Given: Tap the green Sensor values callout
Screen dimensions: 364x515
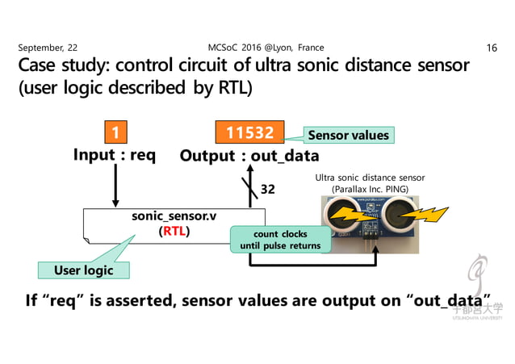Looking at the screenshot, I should point(348,135).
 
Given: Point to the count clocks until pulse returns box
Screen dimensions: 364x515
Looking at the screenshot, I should point(281,240).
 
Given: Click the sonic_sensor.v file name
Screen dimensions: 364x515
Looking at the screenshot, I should point(172,217).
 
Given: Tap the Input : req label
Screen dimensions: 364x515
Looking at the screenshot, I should point(115,154).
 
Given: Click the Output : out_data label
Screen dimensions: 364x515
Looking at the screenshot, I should point(249,155).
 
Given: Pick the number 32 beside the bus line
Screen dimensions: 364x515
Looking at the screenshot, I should point(268,190).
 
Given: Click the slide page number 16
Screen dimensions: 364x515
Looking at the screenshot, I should point(492,48).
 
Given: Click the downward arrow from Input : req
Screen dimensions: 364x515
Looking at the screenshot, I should point(115,186).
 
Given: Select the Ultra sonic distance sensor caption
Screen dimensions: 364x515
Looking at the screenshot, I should point(370,178).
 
